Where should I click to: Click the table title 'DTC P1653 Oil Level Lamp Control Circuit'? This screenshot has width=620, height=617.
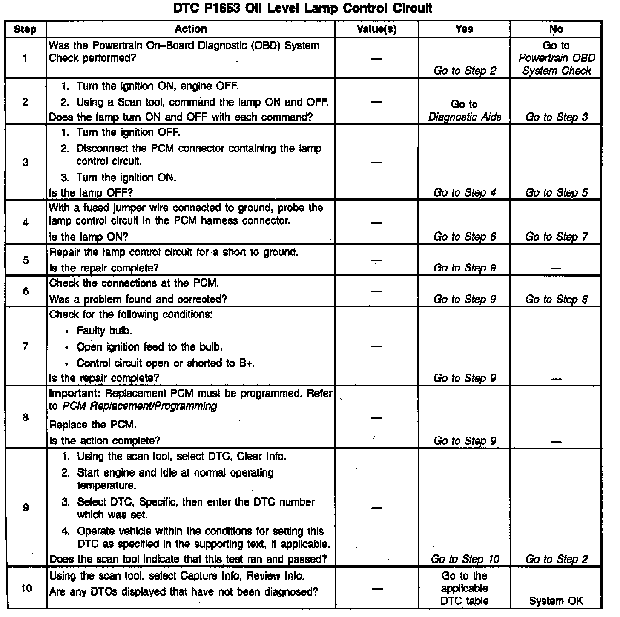pos(303,8)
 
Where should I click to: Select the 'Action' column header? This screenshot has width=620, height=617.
pos(190,29)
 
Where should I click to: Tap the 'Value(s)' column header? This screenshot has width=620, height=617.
pos(376,29)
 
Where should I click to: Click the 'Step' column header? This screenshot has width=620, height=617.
pos(25,29)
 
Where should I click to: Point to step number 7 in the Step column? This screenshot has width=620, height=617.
pos(26,346)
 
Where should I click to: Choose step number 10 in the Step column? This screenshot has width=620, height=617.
pos(26,589)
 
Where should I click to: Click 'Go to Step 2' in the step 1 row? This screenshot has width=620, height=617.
pos(465,71)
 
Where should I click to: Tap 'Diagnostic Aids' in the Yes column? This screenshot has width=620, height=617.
pos(465,117)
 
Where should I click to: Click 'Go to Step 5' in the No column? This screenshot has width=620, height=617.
pos(556,193)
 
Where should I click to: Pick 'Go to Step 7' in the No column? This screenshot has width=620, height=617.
pos(556,237)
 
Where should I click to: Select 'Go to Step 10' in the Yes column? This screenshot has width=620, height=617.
pos(465,559)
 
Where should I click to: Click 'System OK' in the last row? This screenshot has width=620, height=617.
pos(556,601)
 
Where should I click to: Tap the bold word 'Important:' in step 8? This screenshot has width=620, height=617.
pos(75,393)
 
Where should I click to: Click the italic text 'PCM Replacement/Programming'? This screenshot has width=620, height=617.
pos(140,406)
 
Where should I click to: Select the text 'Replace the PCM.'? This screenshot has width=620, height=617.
pos(93,425)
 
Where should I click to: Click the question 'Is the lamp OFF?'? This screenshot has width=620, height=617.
pos(91,193)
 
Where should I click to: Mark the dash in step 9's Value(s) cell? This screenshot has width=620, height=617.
pos(376,508)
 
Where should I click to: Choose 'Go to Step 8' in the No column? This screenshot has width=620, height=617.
pos(556,299)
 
